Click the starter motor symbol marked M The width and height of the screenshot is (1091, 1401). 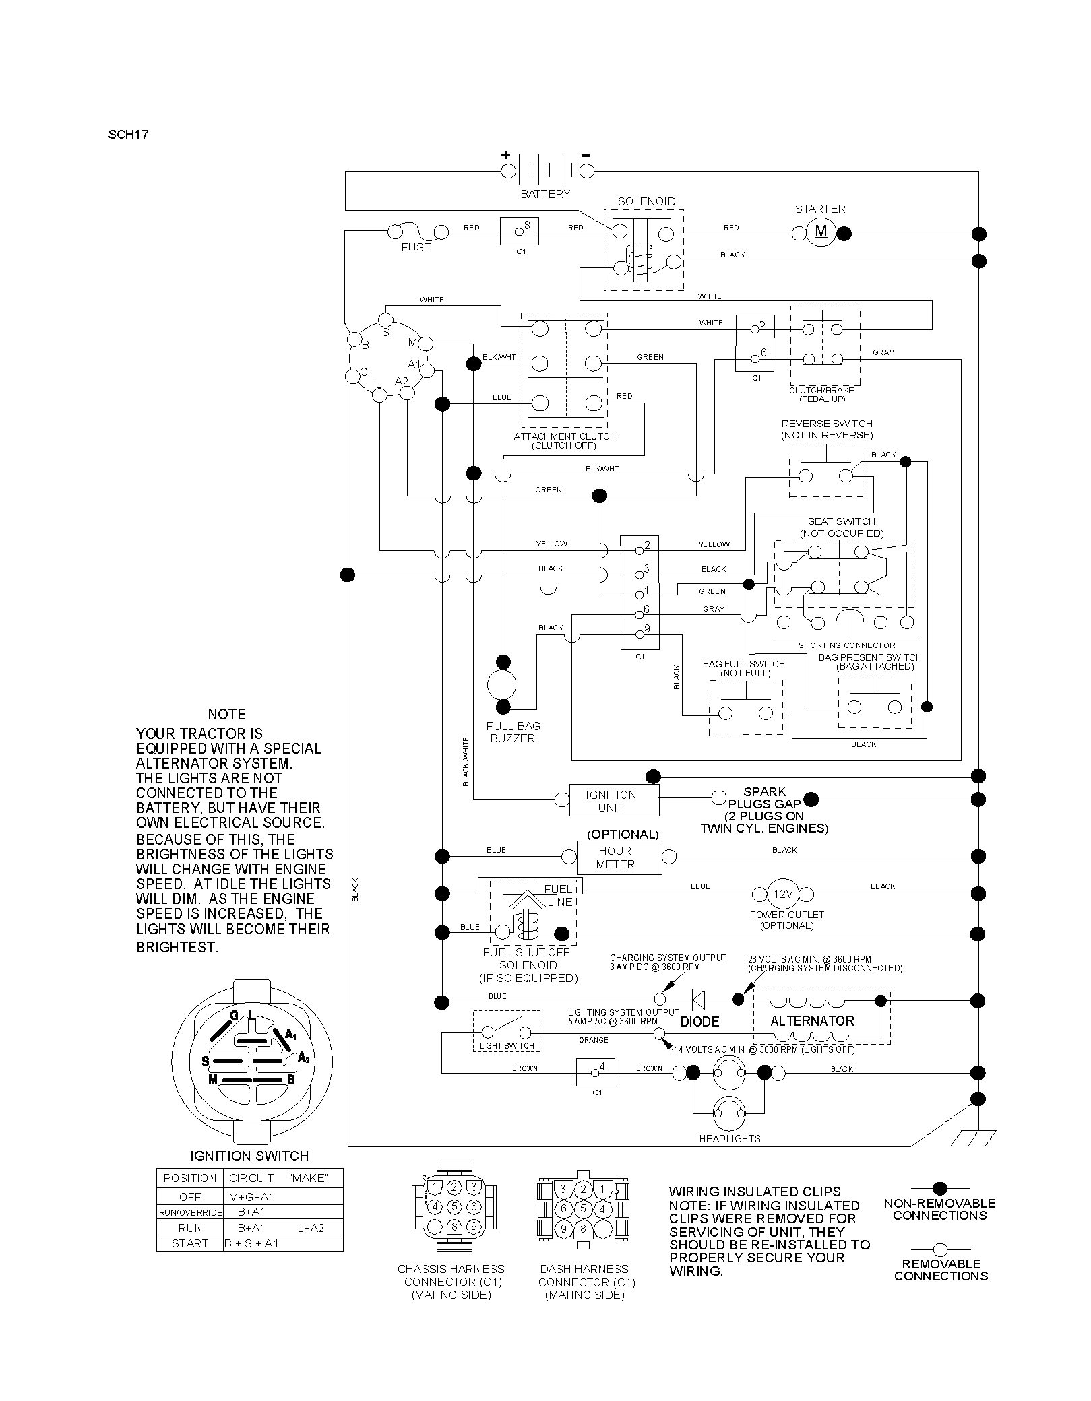coord(821,232)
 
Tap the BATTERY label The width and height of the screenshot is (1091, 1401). coord(545,194)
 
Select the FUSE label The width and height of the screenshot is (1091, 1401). coord(416,247)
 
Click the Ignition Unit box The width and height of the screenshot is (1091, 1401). coord(614,800)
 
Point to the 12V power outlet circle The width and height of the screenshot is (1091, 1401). coord(782,894)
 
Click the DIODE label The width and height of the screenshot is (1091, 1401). coord(699,1022)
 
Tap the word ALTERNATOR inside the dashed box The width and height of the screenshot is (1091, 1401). coord(812,1021)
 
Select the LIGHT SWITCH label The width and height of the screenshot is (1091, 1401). coord(507,1046)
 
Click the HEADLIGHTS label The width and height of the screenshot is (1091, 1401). coord(730,1138)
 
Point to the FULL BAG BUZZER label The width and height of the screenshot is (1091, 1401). coord(513,732)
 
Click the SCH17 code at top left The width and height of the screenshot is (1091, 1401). coord(128,134)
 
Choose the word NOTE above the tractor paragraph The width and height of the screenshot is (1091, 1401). coord(227,714)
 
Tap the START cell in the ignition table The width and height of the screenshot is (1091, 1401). coord(190,1243)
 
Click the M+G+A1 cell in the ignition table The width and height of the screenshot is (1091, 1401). coord(251,1197)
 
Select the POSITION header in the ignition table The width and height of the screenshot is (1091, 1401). coord(190,1178)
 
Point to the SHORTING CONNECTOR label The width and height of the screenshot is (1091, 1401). coord(847,645)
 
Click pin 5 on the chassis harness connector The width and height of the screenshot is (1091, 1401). coord(455,1206)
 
